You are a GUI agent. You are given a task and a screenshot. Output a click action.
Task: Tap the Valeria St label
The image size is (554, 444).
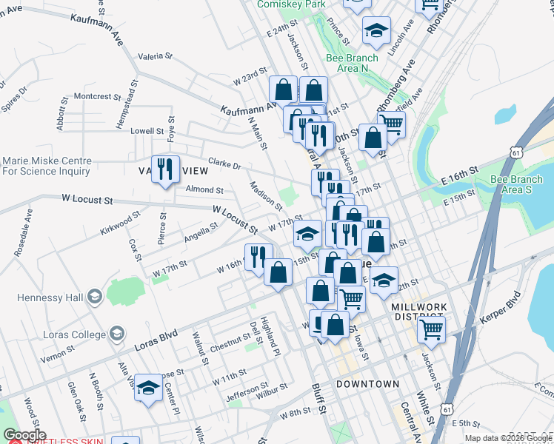(x=155, y=55)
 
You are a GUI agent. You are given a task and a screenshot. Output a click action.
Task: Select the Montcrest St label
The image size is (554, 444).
(x=97, y=96)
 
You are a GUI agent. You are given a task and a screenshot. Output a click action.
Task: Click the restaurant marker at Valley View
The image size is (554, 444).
(x=165, y=169)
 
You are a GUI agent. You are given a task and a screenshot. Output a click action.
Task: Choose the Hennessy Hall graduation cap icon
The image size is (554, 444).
(x=94, y=297)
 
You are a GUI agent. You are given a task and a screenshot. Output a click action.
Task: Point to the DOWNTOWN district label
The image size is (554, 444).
(x=367, y=384)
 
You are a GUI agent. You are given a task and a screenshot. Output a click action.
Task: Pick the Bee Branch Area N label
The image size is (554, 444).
(x=347, y=63)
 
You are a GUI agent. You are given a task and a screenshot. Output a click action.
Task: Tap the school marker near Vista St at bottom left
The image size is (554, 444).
(x=148, y=388)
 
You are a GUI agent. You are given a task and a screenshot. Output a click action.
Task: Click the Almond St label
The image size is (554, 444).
(x=199, y=189)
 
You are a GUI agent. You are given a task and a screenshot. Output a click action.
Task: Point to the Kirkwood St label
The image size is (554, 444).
(x=121, y=223)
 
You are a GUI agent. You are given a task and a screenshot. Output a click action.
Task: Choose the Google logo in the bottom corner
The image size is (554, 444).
(x=24, y=435)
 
